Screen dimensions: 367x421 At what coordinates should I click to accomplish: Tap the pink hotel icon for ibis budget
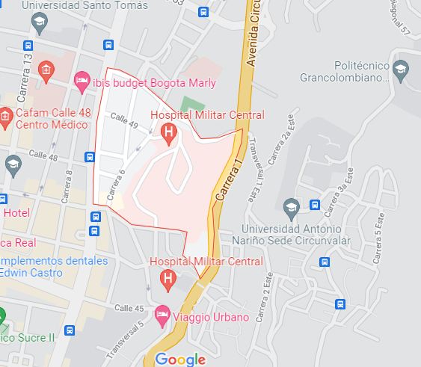[x=82, y=80]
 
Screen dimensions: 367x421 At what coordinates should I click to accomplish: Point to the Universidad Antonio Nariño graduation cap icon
[x=292, y=206]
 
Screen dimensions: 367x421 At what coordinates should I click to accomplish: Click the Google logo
[x=180, y=360]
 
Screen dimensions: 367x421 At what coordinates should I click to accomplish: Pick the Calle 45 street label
[x=129, y=308]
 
